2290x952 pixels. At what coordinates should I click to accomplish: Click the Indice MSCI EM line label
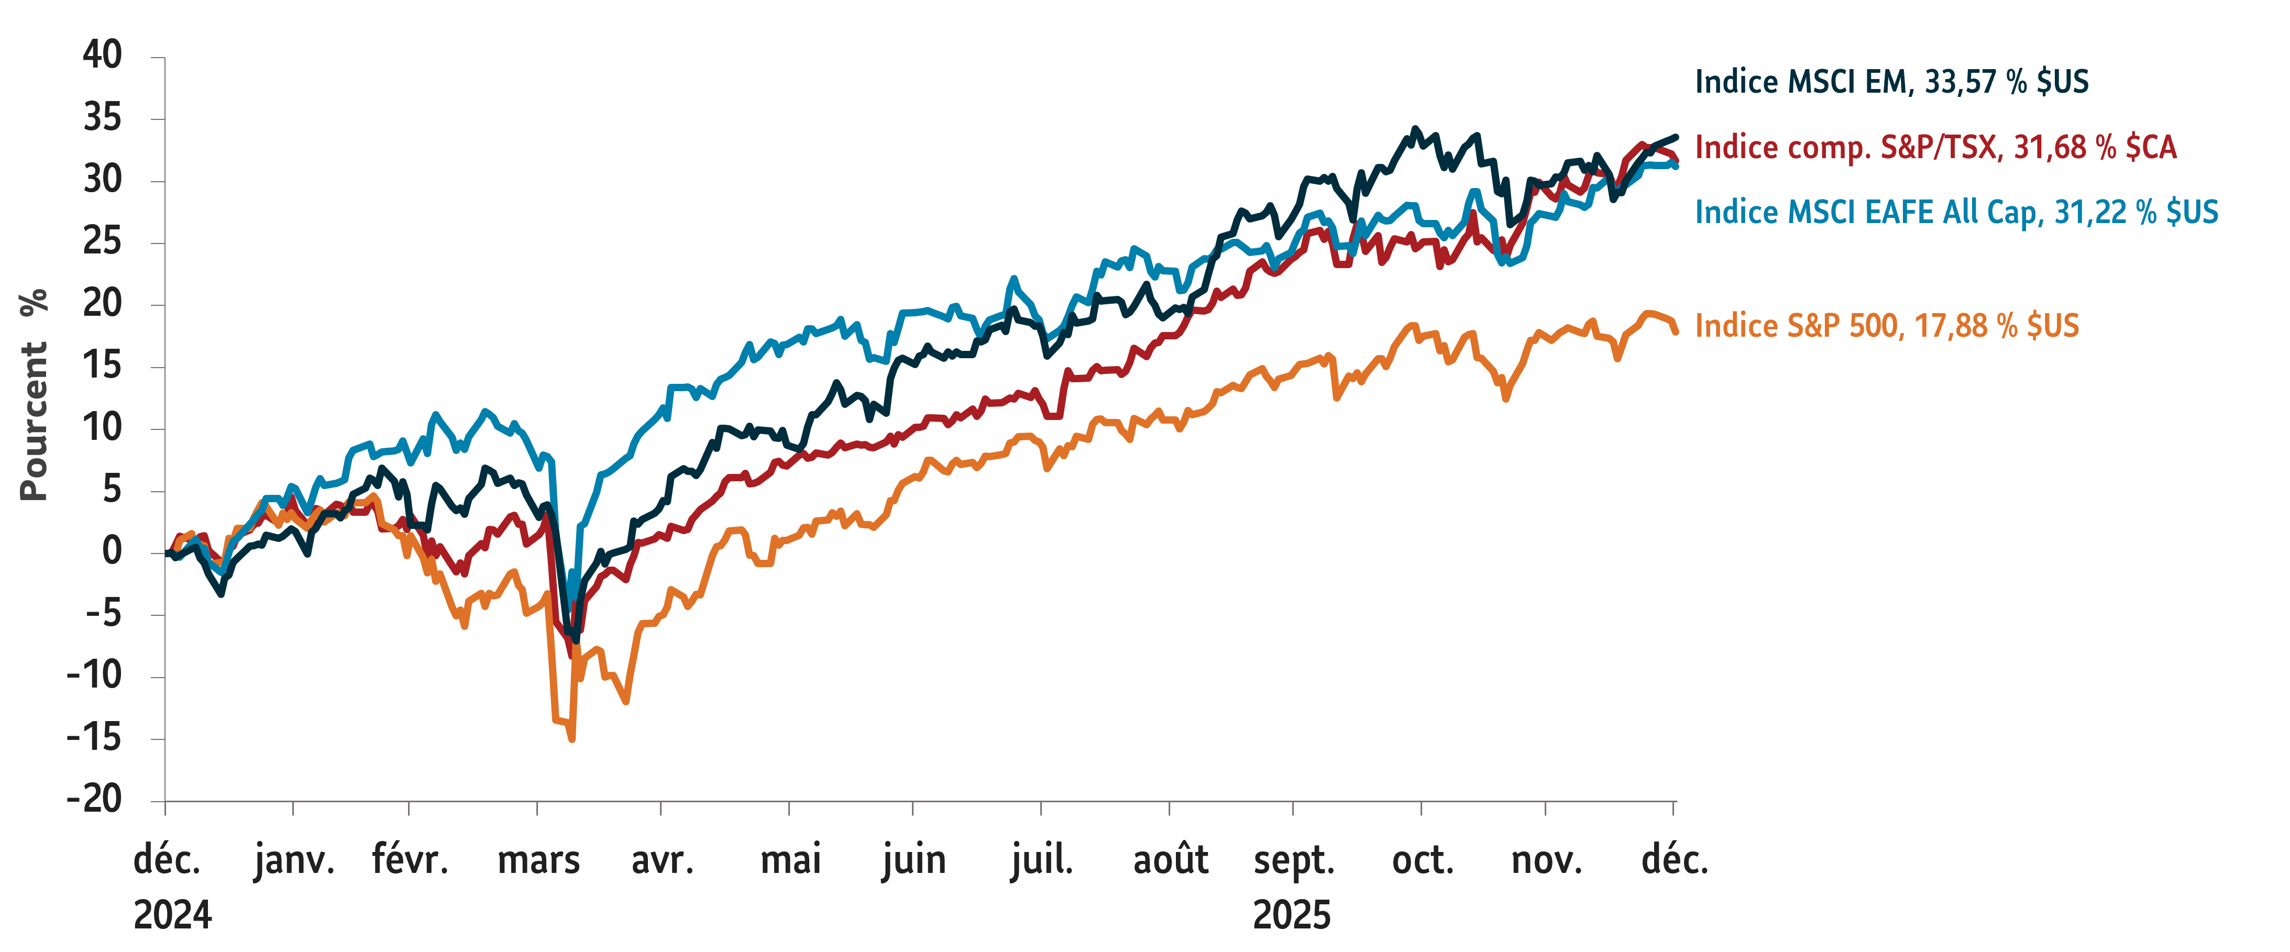coord(1891,82)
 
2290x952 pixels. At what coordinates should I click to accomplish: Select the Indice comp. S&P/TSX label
coord(1935,147)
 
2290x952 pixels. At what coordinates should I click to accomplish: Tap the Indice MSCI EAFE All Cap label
coord(1956,212)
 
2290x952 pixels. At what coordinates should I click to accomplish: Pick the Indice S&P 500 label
coord(1886,325)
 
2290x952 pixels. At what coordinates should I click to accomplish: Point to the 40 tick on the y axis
coord(102,55)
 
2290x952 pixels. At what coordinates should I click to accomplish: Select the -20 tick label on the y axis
coord(94,800)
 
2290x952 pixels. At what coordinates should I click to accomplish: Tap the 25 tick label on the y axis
coord(102,242)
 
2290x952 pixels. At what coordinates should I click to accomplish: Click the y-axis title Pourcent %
coord(34,395)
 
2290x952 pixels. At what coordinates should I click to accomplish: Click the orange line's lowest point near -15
coord(571,738)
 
